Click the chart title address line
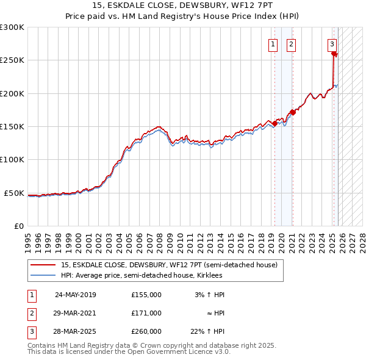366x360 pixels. (183, 5)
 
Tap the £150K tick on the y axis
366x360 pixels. (12, 126)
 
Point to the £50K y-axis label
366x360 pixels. (14, 193)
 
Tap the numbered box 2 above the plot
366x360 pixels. (291, 44)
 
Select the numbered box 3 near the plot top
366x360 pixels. (332, 44)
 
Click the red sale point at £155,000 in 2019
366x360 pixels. (274, 123)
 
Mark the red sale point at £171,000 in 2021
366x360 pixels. (293, 112)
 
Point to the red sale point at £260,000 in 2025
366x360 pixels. (334, 54)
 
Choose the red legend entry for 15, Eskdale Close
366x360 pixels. (169, 265)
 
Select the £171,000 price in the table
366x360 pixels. (146, 313)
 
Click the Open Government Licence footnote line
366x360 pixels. (129, 351)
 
